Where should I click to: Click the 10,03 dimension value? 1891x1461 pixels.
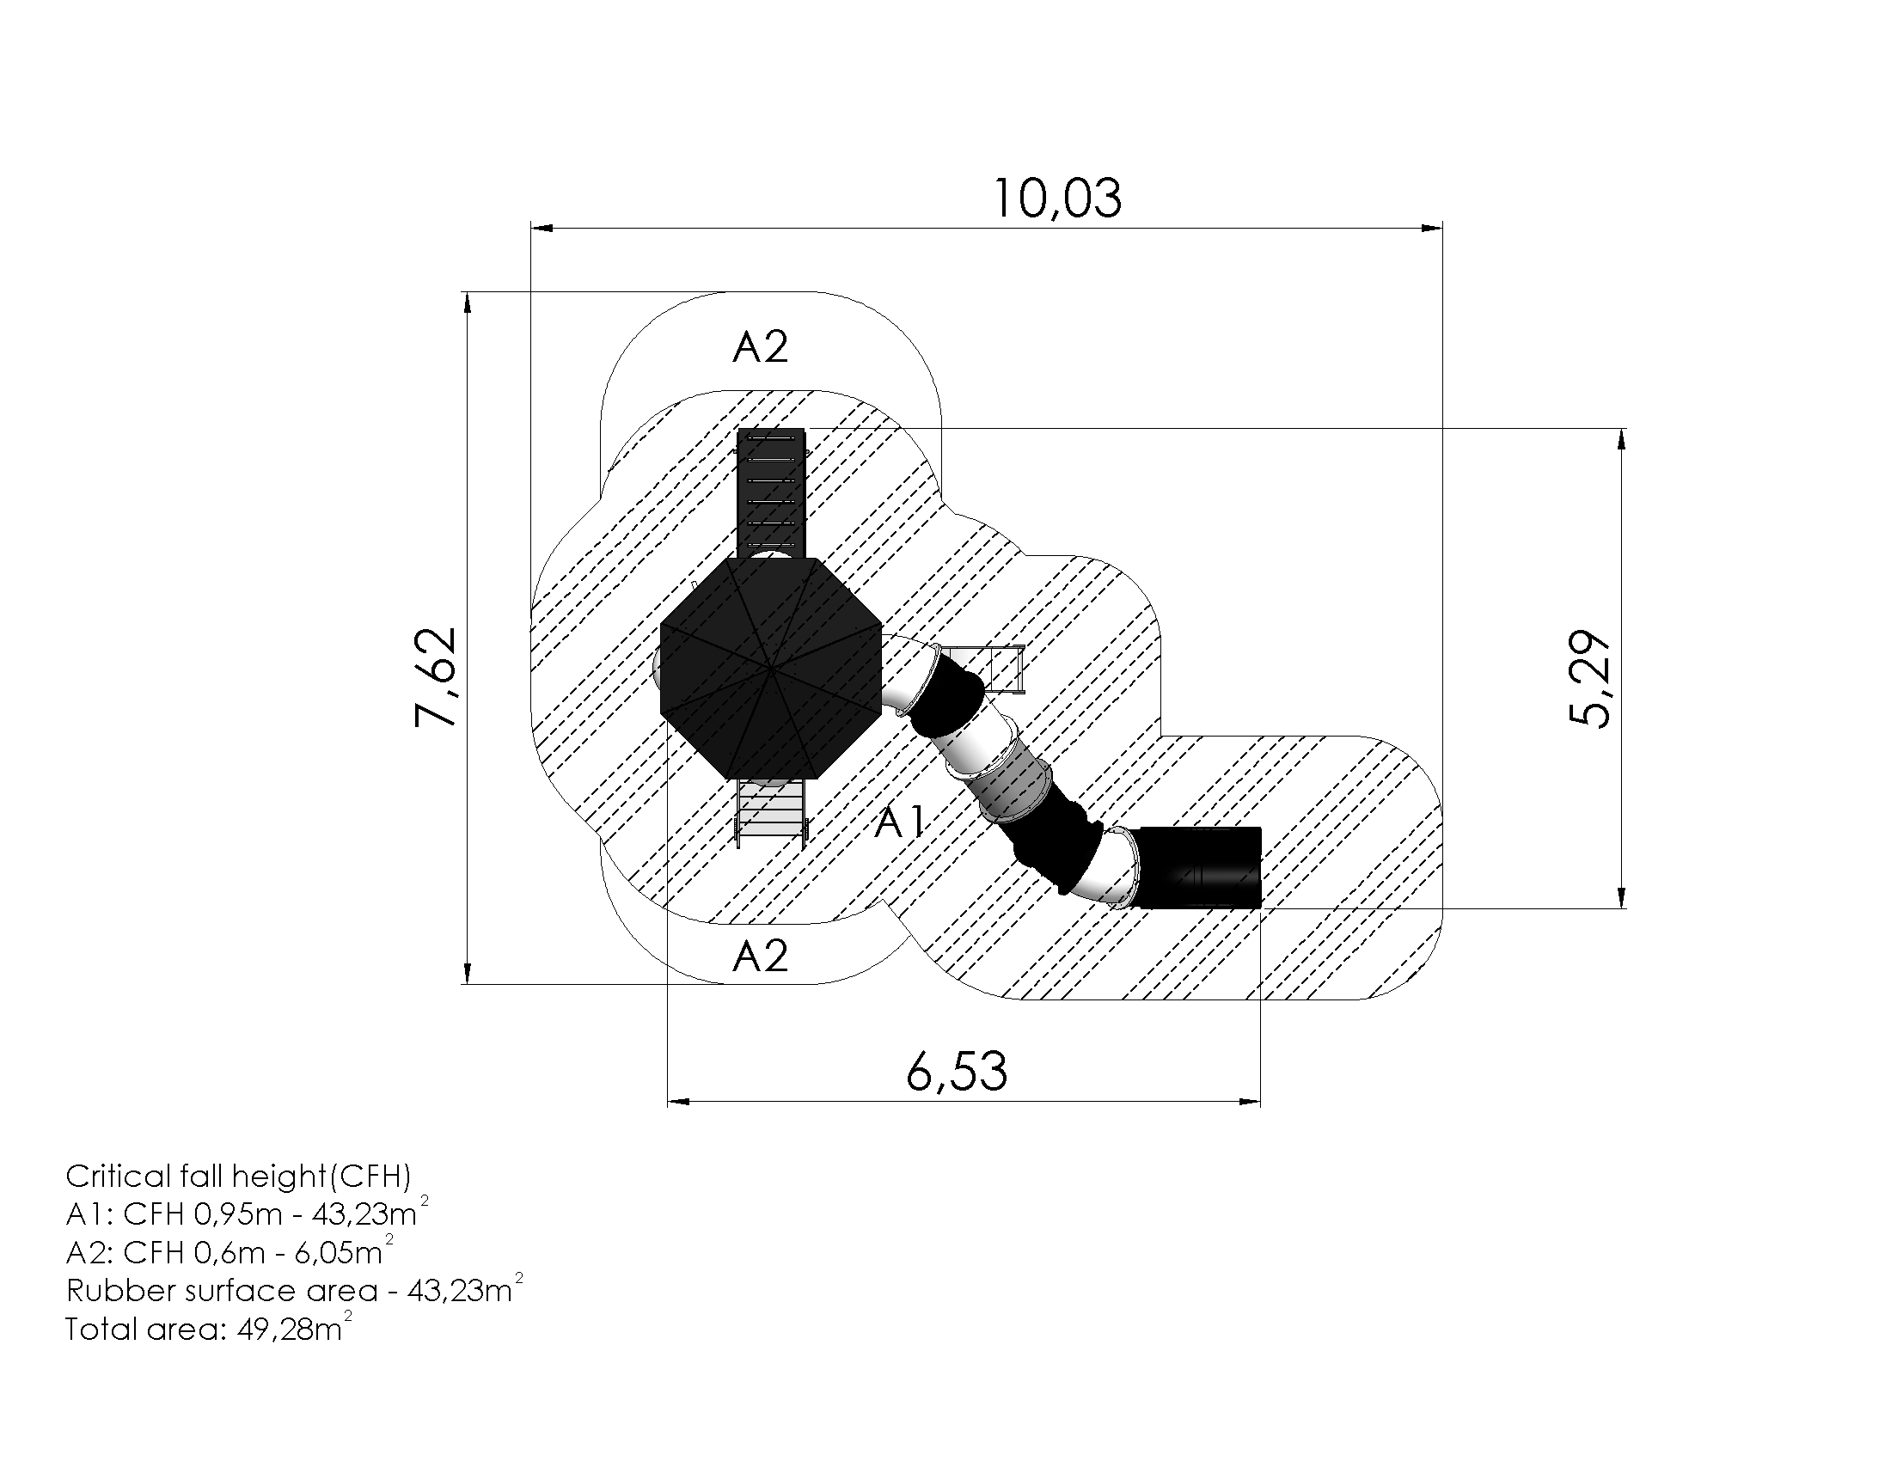pos(1056,199)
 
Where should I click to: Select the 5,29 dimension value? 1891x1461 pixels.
pos(1589,679)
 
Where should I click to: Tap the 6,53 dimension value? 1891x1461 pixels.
pos(957,1072)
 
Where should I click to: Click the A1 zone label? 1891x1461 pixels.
pos(901,822)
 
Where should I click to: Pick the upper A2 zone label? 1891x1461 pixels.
pos(760,347)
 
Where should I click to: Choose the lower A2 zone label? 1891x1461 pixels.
pos(760,957)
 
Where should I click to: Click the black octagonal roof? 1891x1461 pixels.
pos(772,668)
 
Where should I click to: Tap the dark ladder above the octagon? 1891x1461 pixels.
pos(771,493)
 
